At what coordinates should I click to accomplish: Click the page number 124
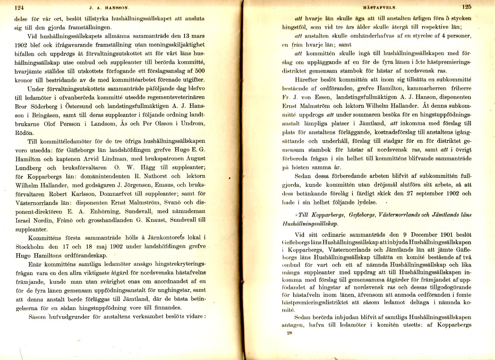coord(19,7)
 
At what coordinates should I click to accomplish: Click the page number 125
coord(467,7)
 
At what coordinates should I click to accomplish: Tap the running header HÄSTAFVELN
coord(380,7)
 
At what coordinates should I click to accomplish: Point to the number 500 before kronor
coord(200,71)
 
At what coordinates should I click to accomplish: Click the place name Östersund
coord(79,106)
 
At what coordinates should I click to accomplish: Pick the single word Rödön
coord(24,133)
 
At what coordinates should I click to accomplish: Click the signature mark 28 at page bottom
coord(289,333)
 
